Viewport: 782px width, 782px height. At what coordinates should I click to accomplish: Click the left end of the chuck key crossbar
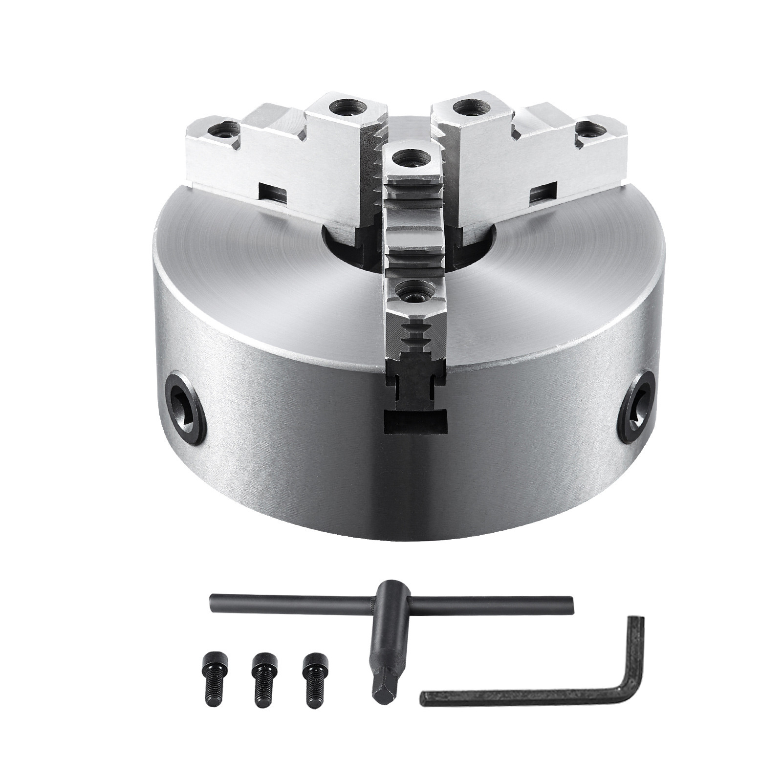point(215,599)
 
